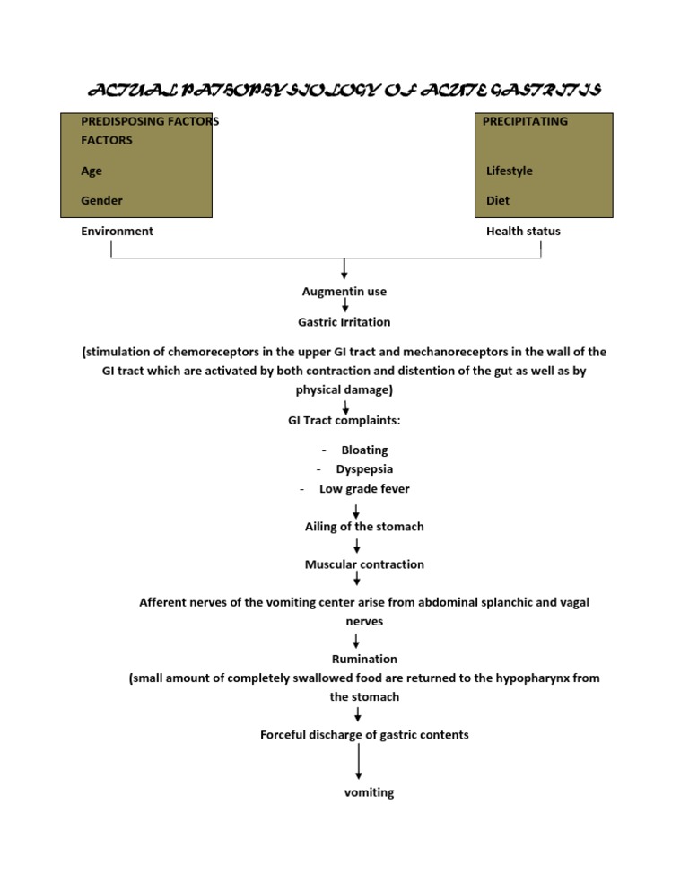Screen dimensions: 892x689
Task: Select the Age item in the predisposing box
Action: [x=92, y=171]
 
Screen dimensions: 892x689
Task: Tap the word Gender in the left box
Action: [x=101, y=200]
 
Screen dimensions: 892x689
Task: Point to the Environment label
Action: [x=117, y=231]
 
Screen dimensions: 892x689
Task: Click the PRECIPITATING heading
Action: [x=525, y=121]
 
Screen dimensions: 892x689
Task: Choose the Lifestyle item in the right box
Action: [x=509, y=171]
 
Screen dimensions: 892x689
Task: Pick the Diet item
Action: [x=498, y=200]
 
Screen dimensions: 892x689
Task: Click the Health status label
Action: [x=523, y=231]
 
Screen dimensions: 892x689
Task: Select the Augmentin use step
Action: [x=344, y=291]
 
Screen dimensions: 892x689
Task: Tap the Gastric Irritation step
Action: [x=344, y=321]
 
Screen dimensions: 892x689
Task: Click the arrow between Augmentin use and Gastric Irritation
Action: [x=345, y=306]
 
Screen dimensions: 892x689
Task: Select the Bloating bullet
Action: [x=364, y=450]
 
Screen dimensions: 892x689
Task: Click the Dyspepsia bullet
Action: [x=364, y=468]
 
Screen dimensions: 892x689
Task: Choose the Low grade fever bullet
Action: [x=364, y=488]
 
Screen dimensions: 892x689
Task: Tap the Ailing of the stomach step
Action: [x=364, y=527]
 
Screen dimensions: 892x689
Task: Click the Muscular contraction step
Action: [x=364, y=564]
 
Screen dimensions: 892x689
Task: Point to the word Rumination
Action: [x=364, y=659]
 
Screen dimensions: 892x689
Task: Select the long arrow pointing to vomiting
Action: [x=359, y=762]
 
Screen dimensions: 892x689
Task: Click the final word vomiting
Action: [x=369, y=792]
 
